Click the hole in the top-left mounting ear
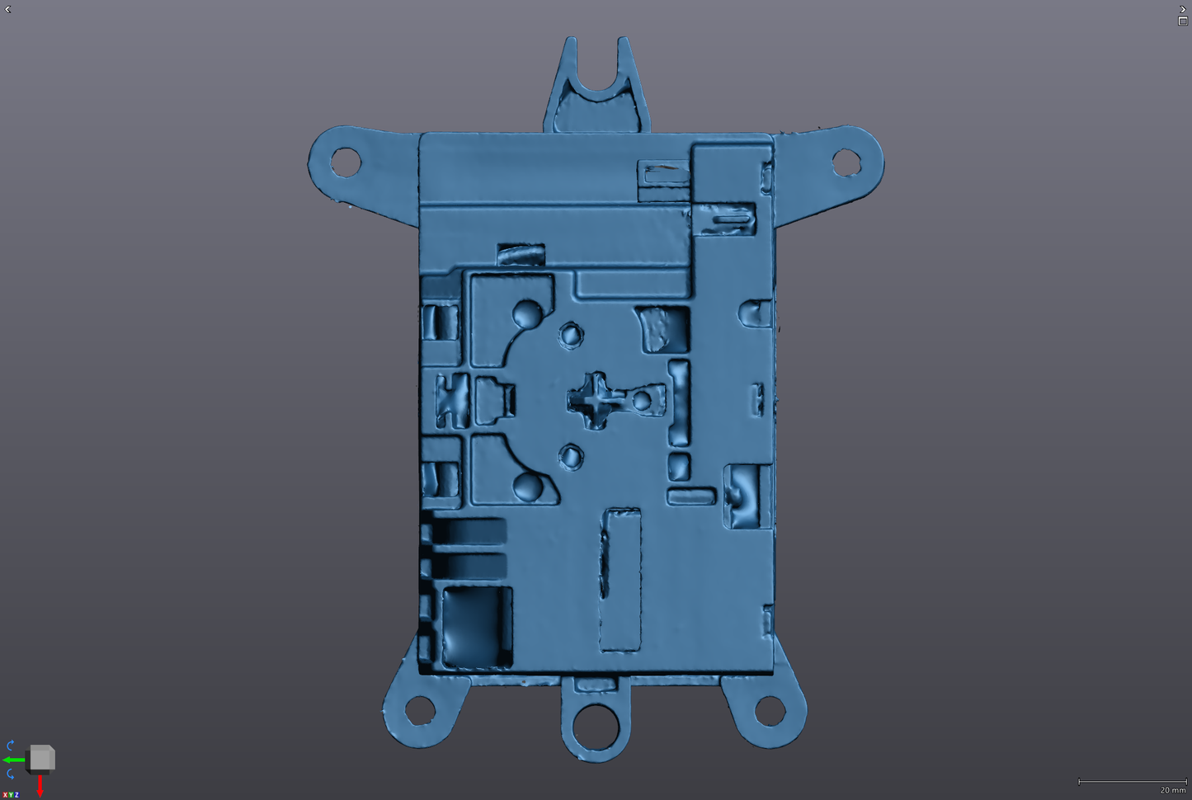346,162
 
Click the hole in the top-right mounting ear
846,162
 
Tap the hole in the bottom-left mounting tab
420,710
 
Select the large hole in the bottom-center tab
596,726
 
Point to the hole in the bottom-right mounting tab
770,711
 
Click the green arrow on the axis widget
14,760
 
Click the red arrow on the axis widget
40,786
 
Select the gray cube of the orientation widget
41,757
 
